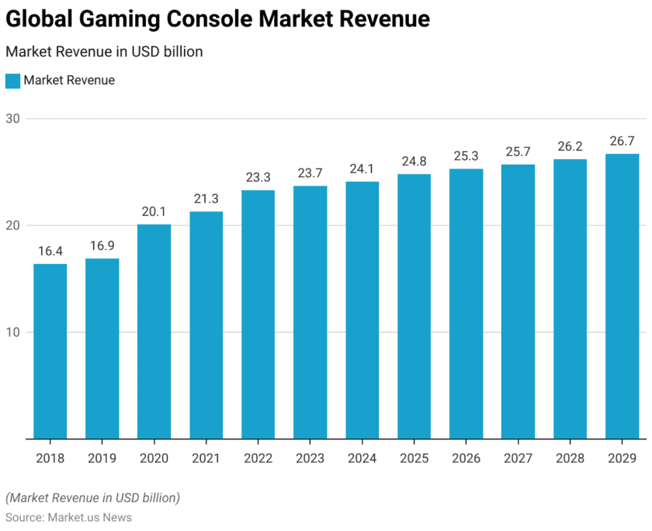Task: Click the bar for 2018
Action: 50,351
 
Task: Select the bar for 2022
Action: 258,314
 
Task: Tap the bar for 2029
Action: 622,296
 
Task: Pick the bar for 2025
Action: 414,306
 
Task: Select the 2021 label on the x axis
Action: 206,459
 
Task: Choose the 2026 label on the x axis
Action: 466,459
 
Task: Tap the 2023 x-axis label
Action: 310,459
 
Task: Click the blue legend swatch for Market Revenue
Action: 12,81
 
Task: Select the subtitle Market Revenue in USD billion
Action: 104,52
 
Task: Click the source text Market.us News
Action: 88,517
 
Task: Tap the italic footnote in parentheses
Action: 92,497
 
